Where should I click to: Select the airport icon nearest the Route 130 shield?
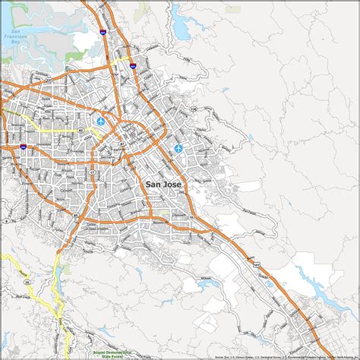click(179, 148)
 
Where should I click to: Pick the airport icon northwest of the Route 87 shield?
click(101, 122)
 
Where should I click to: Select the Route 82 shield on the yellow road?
click(80, 130)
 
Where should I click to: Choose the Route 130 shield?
click(194, 109)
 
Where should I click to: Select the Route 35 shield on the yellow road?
click(27, 280)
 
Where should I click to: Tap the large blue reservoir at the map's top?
click(182, 28)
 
